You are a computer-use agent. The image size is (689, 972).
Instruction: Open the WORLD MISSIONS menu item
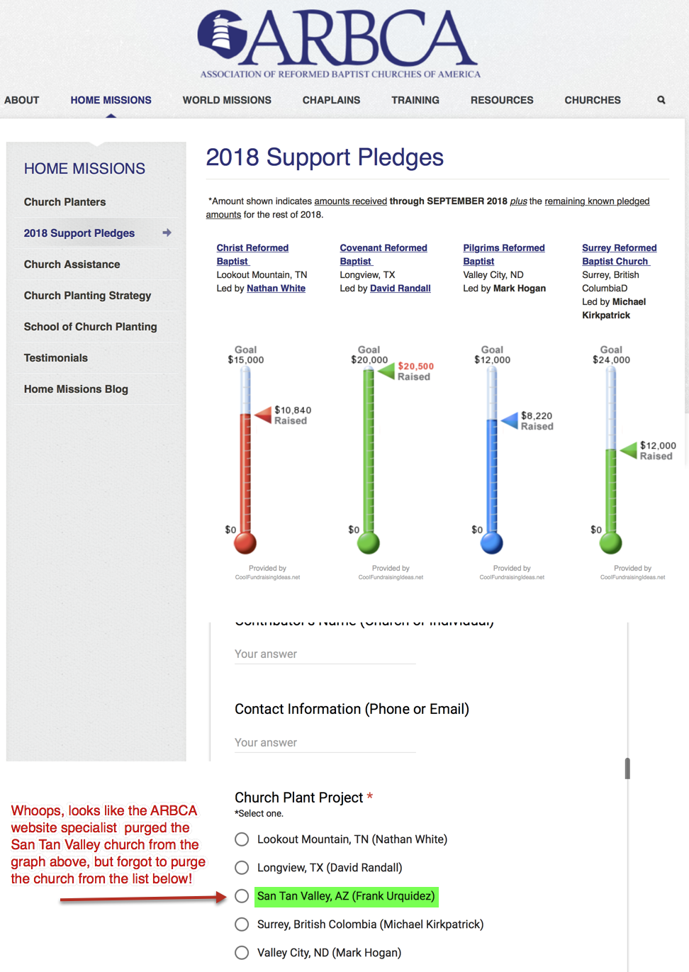click(x=227, y=100)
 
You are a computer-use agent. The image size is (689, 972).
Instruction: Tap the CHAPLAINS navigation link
click(x=331, y=100)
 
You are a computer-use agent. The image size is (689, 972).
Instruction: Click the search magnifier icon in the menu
click(x=661, y=100)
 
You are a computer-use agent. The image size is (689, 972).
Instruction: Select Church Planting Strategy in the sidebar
click(x=87, y=296)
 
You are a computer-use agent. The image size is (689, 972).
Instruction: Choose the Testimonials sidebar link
click(x=56, y=358)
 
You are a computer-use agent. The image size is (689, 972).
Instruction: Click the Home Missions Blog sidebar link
click(x=76, y=389)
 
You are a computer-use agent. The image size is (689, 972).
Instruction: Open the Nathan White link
click(x=276, y=289)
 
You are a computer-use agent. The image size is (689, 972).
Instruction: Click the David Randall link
click(x=400, y=289)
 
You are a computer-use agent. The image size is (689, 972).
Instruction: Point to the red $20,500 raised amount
click(x=415, y=367)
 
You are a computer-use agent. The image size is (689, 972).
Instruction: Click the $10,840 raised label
click(x=293, y=415)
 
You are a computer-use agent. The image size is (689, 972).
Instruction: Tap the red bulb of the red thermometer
click(x=245, y=543)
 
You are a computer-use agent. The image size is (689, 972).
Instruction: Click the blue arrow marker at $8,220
click(x=510, y=420)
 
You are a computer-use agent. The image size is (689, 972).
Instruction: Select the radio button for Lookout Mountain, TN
click(x=242, y=839)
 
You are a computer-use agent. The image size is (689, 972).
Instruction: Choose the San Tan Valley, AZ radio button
click(x=242, y=896)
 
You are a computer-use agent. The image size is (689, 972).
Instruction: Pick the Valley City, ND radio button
click(x=242, y=953)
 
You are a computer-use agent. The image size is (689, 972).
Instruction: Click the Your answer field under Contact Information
click(x=325, y=742)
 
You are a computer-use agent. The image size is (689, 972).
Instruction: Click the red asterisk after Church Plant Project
click(x=369, y=797)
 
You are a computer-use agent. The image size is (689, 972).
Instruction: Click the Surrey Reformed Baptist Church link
click(x=619, y=255)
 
